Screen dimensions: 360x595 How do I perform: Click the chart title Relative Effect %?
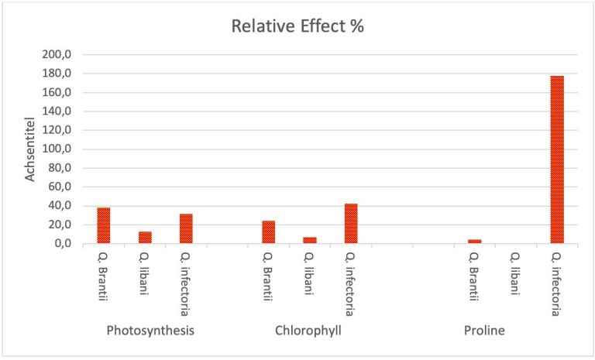click(297, 26)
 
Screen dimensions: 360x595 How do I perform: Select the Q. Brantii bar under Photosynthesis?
click(103, 225)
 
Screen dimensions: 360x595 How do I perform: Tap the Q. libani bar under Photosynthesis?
click(145, 237)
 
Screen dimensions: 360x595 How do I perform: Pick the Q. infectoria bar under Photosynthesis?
click(186, 228)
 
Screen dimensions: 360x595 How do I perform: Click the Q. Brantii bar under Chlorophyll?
click(268, 231)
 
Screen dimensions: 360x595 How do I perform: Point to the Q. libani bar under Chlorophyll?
click(310, 240)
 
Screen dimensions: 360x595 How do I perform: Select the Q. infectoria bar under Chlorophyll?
click(351, 223)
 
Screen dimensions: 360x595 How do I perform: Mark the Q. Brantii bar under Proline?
click(474, 241)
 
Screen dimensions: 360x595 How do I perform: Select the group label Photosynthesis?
click(150, 331)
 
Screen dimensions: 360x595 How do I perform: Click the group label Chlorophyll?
click(308, 331)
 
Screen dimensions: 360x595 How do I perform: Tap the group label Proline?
click(484, 331)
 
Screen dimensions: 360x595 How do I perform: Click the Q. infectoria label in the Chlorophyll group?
click(351, 284)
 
